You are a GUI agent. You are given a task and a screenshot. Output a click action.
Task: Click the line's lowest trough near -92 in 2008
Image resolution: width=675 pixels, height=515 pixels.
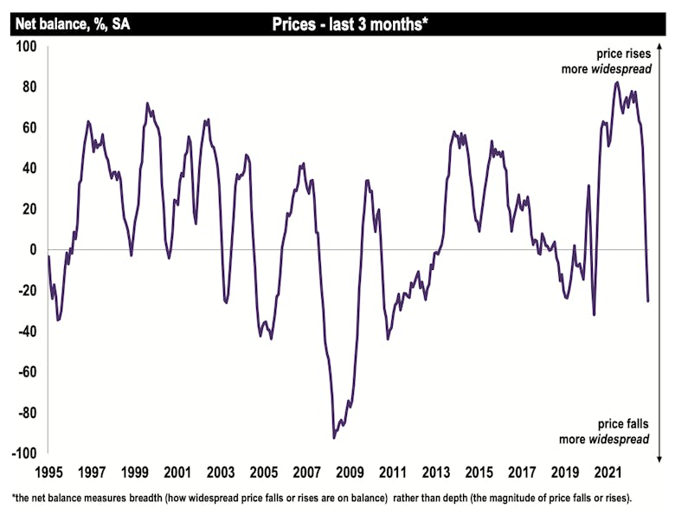click(334, 438)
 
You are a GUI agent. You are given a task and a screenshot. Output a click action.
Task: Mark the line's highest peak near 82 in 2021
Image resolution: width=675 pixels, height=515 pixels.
click(616, 82)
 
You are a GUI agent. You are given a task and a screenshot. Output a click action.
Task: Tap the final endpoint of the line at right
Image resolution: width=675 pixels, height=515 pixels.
click(648, 301)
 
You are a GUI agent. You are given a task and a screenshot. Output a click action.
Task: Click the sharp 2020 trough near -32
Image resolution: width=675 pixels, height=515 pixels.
click(594, 315)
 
